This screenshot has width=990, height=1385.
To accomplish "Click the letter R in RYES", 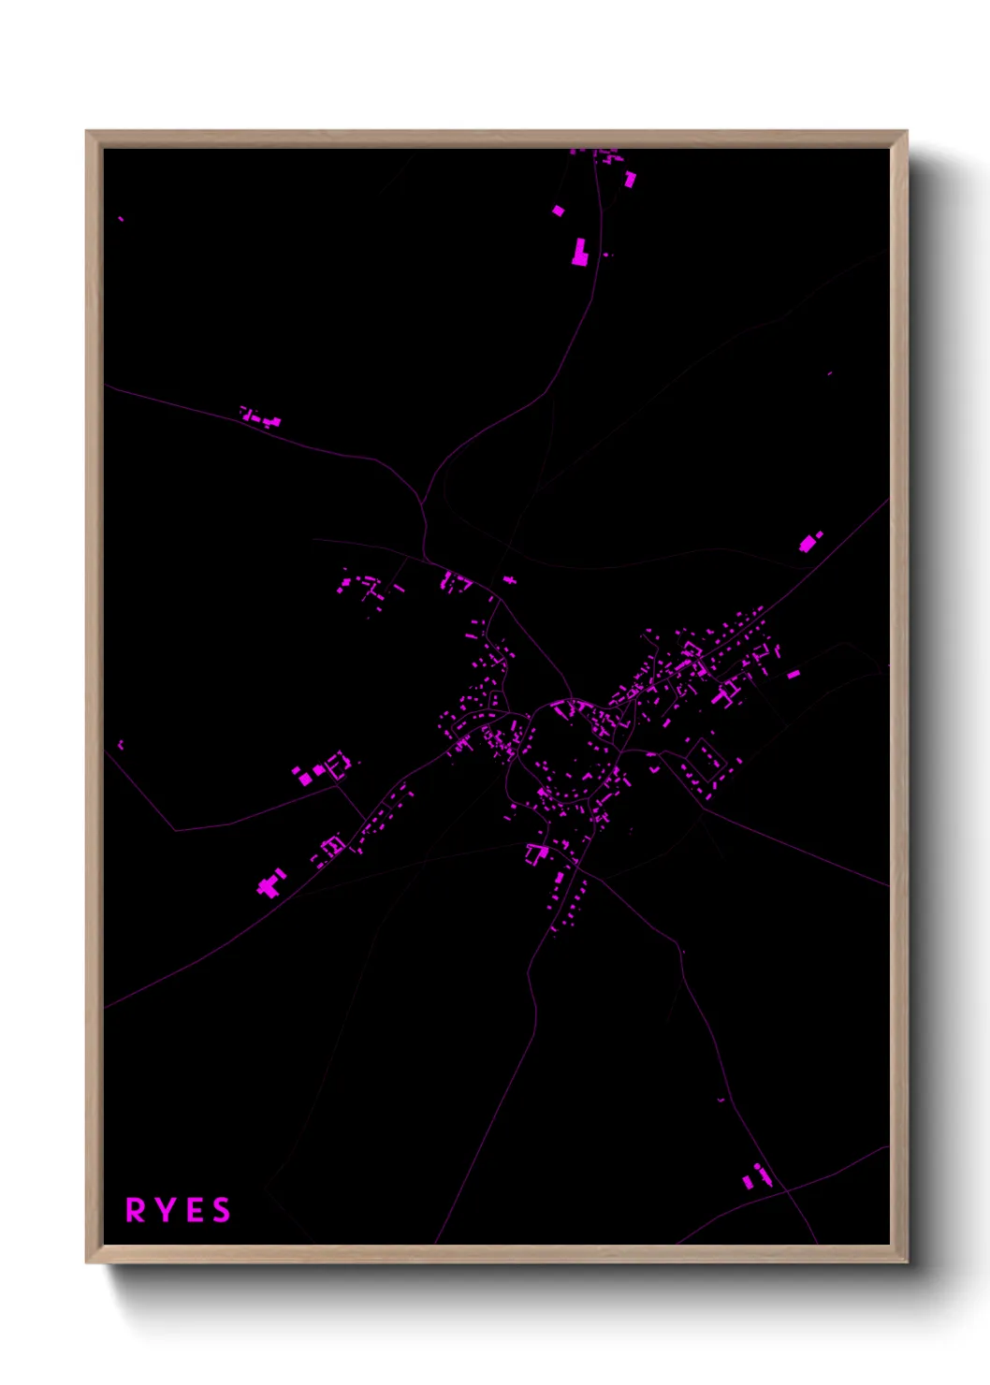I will [136, 1210].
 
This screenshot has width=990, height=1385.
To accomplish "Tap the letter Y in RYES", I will [165, 1210].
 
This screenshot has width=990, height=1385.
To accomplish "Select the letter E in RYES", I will [195, 1210].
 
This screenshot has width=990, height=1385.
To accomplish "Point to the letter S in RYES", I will [222, 1210].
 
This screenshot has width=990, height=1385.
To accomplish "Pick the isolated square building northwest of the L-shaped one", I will [559, 211].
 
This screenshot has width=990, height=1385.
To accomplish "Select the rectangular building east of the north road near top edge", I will [631, 179].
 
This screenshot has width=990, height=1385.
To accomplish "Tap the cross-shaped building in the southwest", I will [270, 883].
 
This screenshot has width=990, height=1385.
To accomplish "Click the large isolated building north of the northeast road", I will [808, 543].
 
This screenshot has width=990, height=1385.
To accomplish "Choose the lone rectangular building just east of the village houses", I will [793, 673].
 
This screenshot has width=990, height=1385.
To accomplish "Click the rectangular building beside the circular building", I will [748, 1182].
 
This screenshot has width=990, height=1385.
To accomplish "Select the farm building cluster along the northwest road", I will [260, 417].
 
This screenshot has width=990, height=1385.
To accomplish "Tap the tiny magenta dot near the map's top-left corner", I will [121, 219].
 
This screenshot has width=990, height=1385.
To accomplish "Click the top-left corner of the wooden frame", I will [87, 132].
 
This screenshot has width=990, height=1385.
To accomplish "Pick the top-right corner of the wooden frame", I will [906, 132].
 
